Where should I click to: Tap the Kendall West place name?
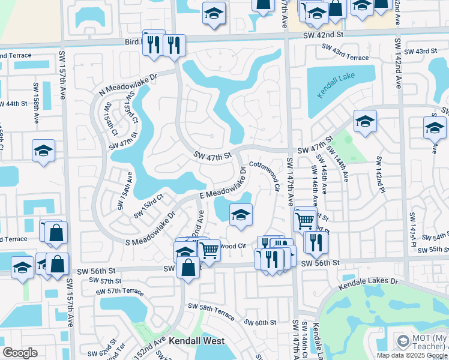[x=196, y=341]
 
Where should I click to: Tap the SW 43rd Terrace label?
[x=342, y=57]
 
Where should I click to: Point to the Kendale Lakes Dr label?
[x=368, y=284]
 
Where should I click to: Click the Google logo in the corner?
[x=20, y=353]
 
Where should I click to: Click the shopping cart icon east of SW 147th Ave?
[x=305, y=220]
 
